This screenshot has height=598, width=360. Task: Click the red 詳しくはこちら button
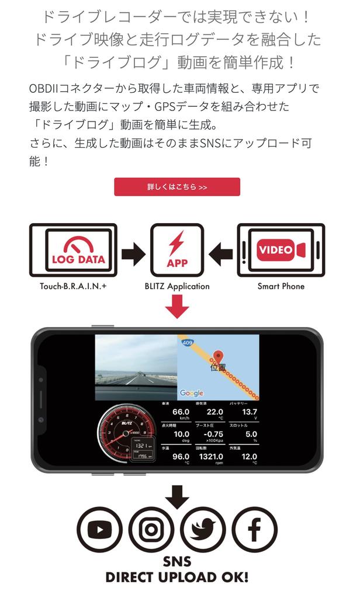pyautogui.click(x=177, y=187)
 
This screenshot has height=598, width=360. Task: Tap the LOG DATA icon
pyautogui.click(x=79, y=251)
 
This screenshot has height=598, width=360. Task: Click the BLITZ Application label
pyautogui.click(x=177, y=286)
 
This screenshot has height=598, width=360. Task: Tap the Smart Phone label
pyautogui.click(x=281, y=286)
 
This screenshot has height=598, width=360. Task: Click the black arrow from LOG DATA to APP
pyautogui.click(x=133, y=254)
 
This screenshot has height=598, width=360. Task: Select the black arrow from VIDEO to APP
pyautogui.click(x=220, y=254)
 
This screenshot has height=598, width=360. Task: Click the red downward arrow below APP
pyautogui.click(x=177, y=307)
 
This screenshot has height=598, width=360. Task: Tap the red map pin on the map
pyautogui.click(x=219, y=357)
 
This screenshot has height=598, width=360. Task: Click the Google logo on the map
pyautogui.click(x=191, y=393)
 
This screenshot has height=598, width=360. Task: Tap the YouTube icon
pyautogui.click(x=99, y=529)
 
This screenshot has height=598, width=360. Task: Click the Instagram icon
pyautogui.click(x=151, y=529)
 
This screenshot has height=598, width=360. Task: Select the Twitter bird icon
pyautogui.click(x=202, y=529)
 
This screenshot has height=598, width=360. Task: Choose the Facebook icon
pyautogui.click(x=254, y=529)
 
